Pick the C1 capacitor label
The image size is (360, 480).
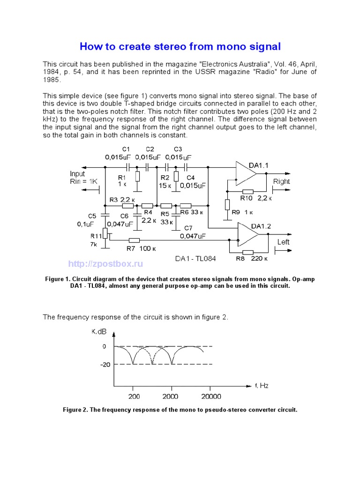point(126,149)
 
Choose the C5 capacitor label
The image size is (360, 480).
point(92,216)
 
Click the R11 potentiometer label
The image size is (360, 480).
point(96,236)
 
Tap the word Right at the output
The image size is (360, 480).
point(281,181)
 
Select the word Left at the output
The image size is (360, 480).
point(284,242)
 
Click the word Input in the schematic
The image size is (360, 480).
point(78,174)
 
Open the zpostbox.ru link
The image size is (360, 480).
point(105,264)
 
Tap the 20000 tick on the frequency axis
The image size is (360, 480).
point(209,397)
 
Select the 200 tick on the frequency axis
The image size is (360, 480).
point(133,397)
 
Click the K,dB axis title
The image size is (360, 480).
point(99,331)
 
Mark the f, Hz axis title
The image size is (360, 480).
point(262,386)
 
